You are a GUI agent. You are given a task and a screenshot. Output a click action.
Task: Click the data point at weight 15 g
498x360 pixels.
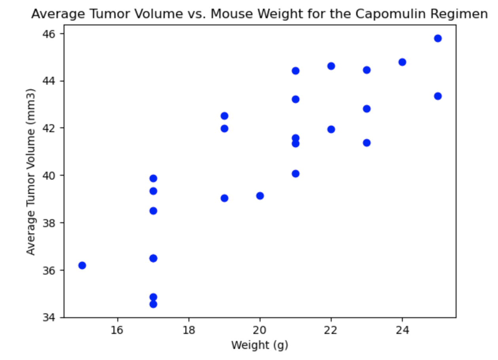82,265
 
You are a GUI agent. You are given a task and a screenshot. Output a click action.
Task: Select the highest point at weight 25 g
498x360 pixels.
438,38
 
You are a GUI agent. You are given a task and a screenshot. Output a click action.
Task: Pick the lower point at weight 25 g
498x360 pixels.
438,96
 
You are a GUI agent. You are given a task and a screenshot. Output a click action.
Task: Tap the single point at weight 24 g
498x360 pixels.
402,62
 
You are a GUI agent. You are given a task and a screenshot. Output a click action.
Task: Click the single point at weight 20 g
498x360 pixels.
260,196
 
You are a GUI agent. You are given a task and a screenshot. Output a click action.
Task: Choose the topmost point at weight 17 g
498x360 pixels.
153,178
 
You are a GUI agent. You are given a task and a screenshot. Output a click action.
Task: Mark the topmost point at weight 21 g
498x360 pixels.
296,71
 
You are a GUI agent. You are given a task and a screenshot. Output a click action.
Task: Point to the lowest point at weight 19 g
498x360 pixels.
224,198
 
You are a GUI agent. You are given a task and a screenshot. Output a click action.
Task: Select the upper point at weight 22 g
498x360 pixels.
331,66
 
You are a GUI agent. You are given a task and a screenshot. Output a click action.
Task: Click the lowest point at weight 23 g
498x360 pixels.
367,143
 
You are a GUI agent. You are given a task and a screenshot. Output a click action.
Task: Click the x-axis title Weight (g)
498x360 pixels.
260,345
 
